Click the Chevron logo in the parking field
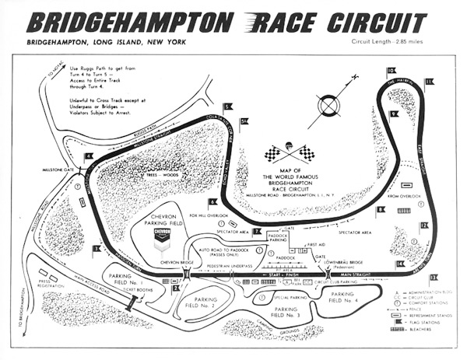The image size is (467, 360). (x=163, y=234)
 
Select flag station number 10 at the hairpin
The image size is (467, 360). (x=391, y=72)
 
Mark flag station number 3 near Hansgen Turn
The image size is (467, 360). (x=97, y=250)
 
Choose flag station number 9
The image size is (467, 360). (x=395, y=114)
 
